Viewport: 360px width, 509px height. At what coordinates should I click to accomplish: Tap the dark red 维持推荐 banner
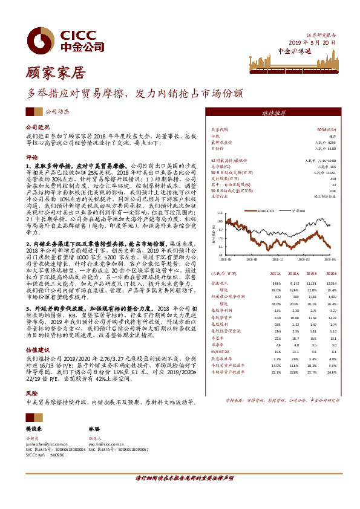click(x=274, y=113)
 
